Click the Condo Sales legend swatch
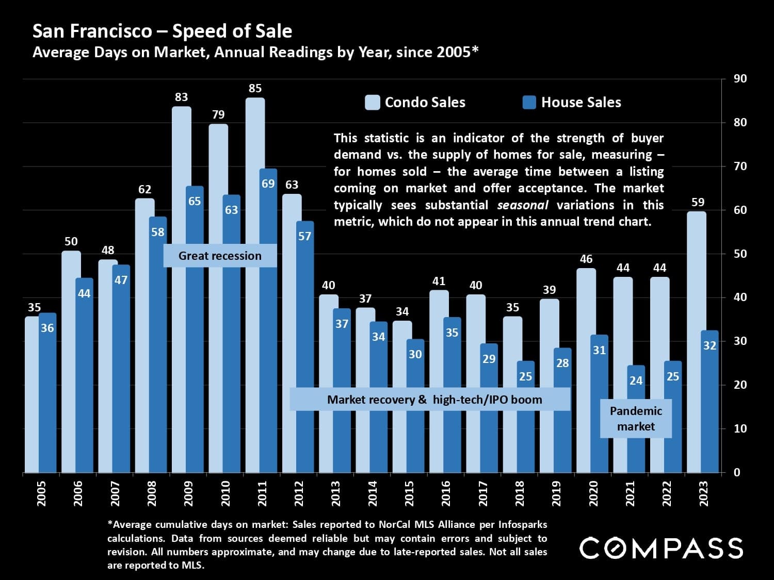(372, 102)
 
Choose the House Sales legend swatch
(529, 102)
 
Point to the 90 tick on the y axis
(740, 79)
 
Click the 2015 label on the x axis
(410, 493)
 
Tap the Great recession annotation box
(220, 256)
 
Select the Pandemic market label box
(636, 419)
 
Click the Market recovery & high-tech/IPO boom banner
(430, 400)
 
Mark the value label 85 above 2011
(255, 88)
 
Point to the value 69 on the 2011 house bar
(268, 184)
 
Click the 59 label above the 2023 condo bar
(698, 202)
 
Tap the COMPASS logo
(661, 548)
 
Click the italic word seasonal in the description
(522, 205)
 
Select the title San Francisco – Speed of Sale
(163, 31)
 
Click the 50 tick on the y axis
(740, 254)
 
